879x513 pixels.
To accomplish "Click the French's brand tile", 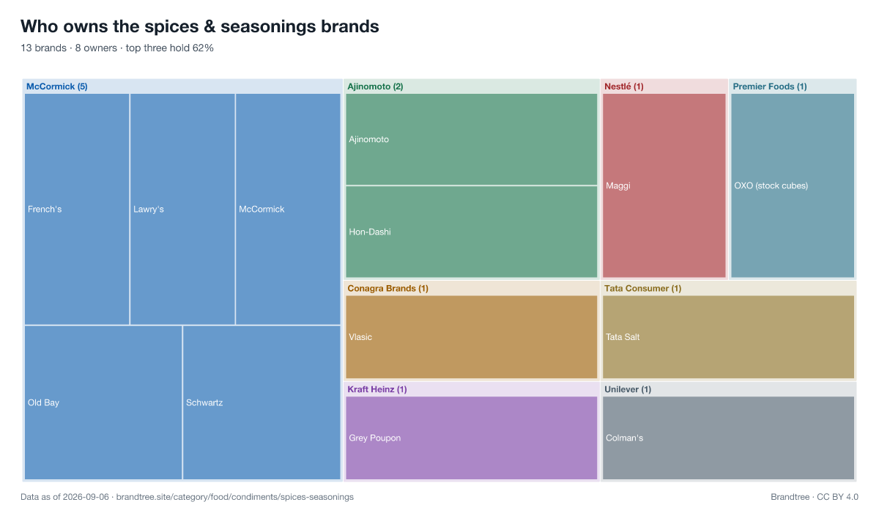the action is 77,209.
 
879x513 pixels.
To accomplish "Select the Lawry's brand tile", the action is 182,209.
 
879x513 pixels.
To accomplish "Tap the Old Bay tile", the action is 103,402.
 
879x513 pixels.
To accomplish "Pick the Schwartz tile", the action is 262,402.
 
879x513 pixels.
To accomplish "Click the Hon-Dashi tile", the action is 471,232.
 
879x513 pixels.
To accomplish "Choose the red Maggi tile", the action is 664,185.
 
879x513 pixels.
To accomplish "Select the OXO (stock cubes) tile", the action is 793,185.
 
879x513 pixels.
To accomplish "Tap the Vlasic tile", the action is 471,337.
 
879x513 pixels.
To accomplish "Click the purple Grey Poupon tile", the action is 471,438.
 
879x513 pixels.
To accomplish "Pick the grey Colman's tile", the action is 728,438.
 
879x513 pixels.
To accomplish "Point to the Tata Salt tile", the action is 728,337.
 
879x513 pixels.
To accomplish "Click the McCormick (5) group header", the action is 57,86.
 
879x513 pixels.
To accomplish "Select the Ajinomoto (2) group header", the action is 375,86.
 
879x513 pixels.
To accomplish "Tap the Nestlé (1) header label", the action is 624,86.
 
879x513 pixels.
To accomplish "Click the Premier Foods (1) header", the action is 770,86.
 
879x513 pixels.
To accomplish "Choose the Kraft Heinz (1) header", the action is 377,389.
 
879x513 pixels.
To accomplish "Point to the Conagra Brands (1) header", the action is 387,289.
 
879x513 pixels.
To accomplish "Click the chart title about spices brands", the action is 200,26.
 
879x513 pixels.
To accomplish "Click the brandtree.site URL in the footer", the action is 234,497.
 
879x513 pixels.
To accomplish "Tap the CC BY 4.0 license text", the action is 837,497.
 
